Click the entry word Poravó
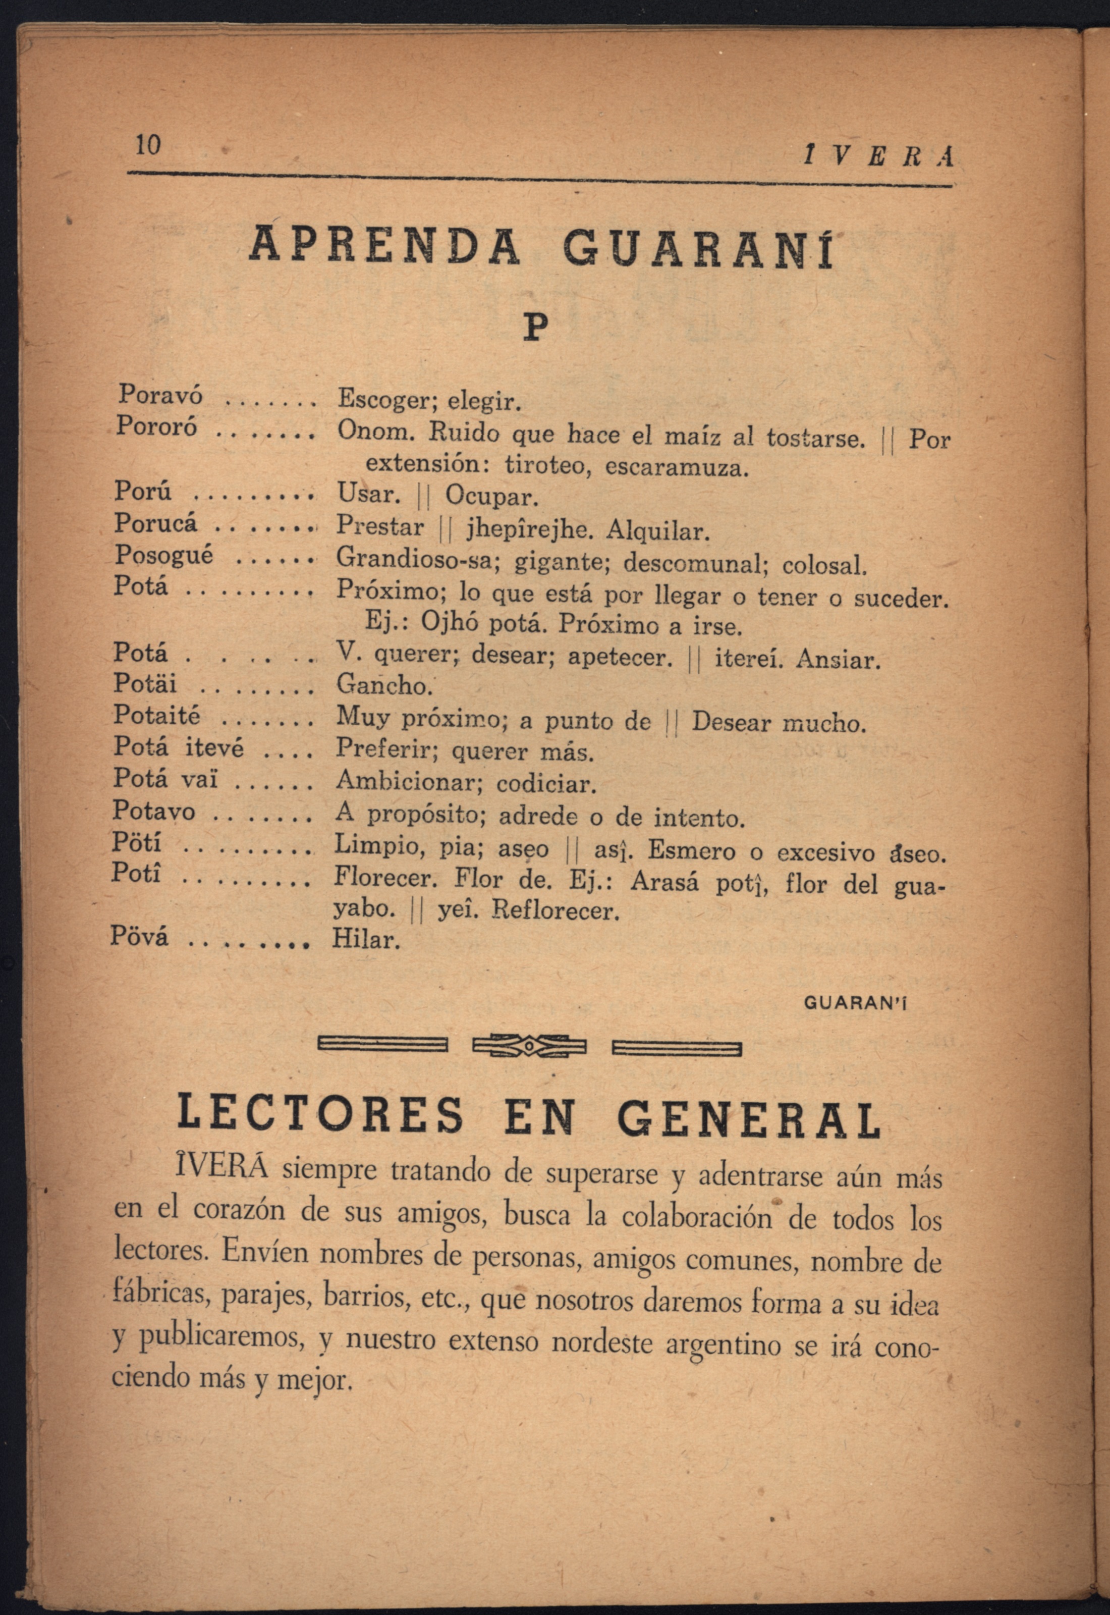(160, 395)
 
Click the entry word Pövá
(139, 936)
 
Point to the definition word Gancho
(384, 686)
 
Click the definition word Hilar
(366, 940)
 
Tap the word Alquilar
(656, 532)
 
